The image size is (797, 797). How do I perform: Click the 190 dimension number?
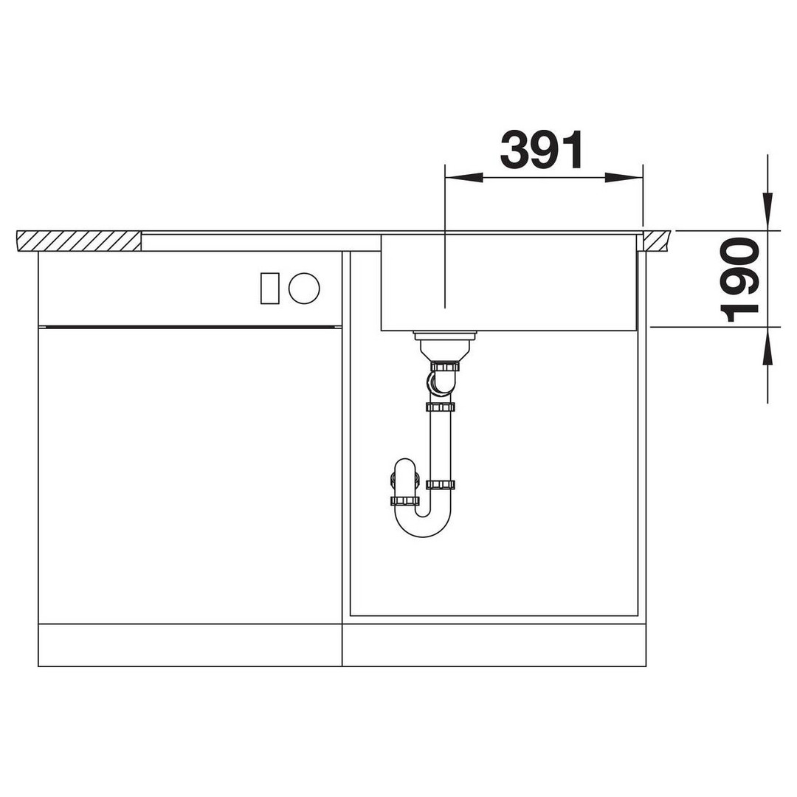[x=739, y=280]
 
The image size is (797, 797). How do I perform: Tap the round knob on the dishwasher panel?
[x=304, y=289]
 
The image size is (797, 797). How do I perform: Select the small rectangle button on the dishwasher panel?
[x=269, y=289]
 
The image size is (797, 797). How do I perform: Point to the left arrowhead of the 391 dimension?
[x=463, y=177]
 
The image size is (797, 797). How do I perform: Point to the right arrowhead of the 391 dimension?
[x=624, y=177]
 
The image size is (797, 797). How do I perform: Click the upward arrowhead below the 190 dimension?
[x=767, y=345]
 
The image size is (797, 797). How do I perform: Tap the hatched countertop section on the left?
[x=79, y=241]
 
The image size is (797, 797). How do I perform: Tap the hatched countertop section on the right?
[x=657, y=241]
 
